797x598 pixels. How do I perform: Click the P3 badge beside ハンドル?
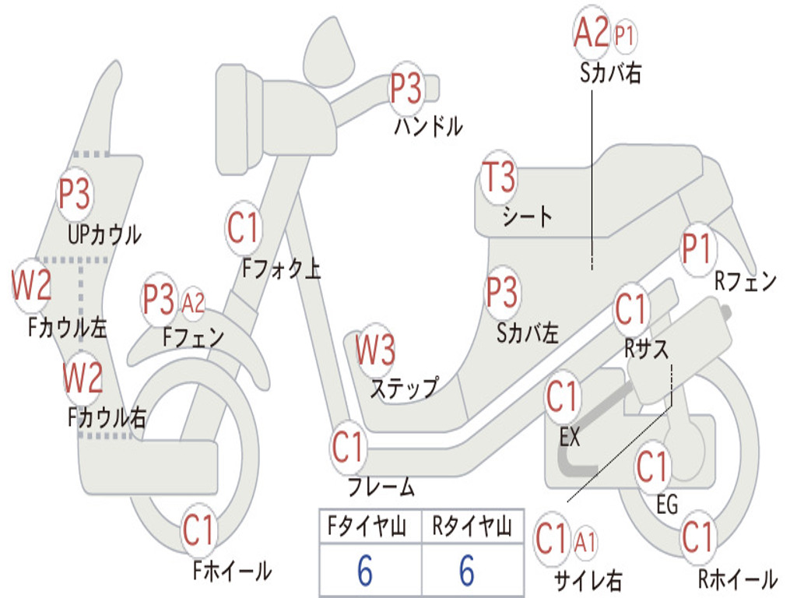406,89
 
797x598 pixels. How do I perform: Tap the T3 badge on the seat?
499,178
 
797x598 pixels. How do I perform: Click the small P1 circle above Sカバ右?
625,34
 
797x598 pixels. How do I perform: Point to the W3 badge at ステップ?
375,350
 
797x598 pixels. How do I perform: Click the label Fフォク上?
281,269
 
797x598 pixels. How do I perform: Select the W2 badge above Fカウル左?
31,287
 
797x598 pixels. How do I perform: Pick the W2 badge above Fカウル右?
83,378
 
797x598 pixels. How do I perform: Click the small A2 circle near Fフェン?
193,302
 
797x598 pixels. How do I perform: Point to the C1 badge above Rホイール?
697,537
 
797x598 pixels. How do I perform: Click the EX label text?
571,438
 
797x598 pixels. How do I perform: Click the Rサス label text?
647,349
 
